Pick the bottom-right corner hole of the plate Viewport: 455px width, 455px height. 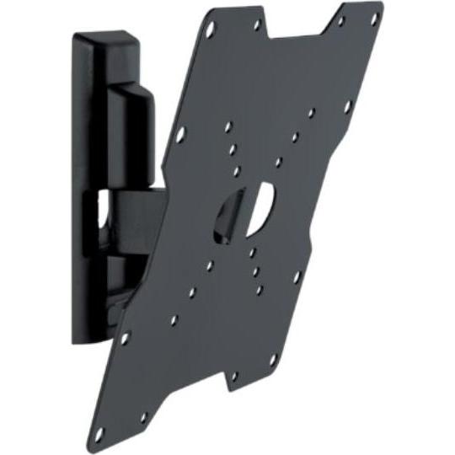pyautogui.click(x=272, y=360)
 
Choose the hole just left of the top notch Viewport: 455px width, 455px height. pyautogui.click(x=257, y=25)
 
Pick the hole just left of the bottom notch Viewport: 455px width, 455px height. pyautogui.click(x=144, y=416)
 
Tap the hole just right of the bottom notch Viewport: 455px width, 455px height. pyautogui.click(x=233, y=376)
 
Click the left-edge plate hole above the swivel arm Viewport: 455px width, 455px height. pyautogui.click(x=179, y=134)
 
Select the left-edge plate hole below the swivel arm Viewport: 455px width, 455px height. pyautogui.click(x=125, y=339)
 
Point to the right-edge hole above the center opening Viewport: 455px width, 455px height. pyautogui.click(x=348, y=106)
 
